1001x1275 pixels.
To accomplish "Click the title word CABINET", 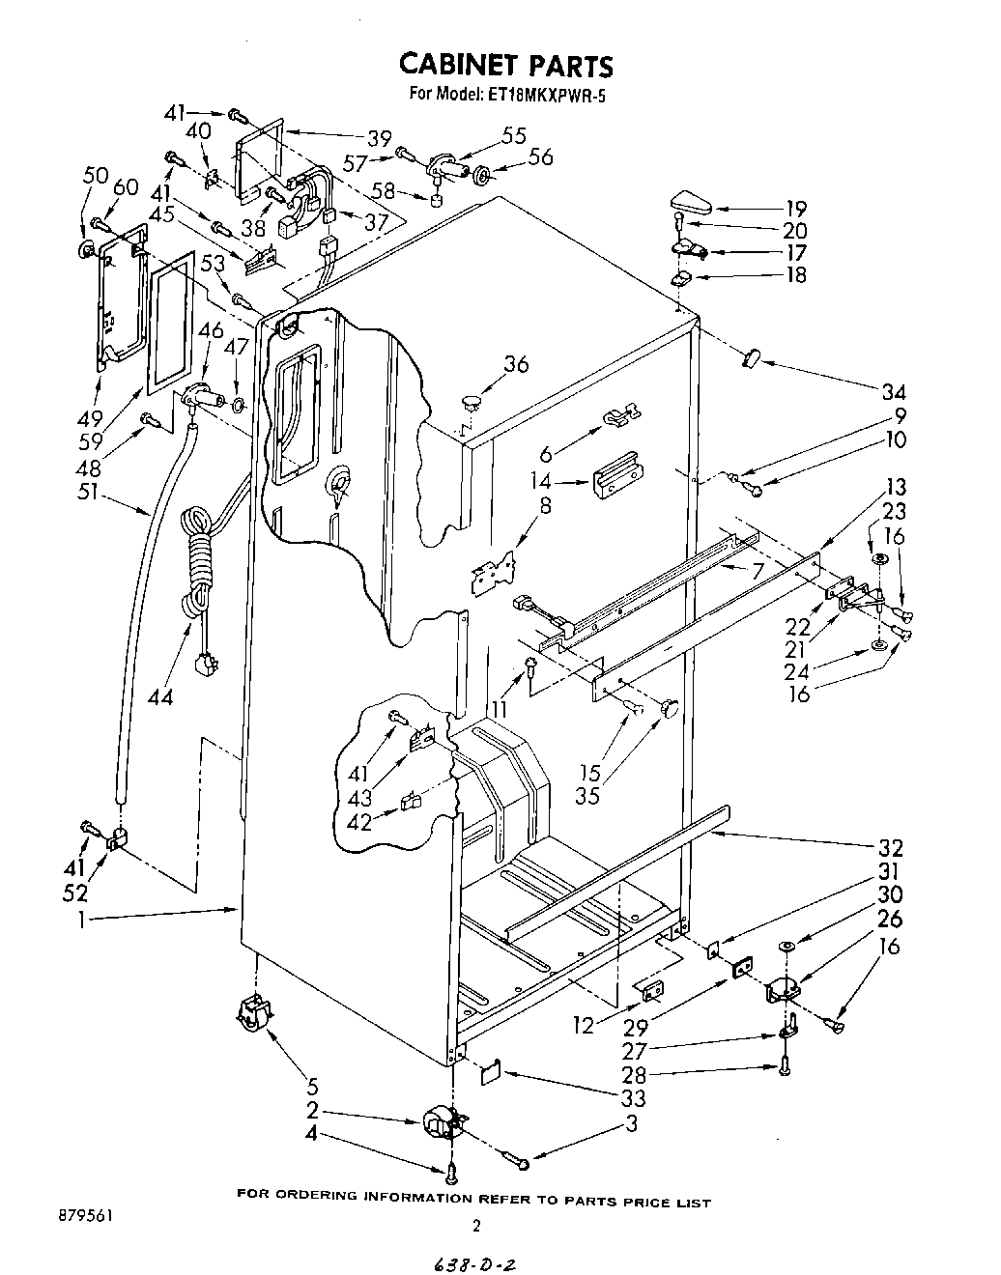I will (x=458, y=66).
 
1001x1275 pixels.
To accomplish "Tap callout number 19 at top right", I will (x=795, y=209).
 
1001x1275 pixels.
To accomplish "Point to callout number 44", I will (x=160, y=696).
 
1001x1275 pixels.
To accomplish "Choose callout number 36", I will (x=517, y=364).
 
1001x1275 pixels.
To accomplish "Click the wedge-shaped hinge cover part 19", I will (x=688, y=204).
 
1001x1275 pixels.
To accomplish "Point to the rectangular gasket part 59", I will (x=170, y=320).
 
